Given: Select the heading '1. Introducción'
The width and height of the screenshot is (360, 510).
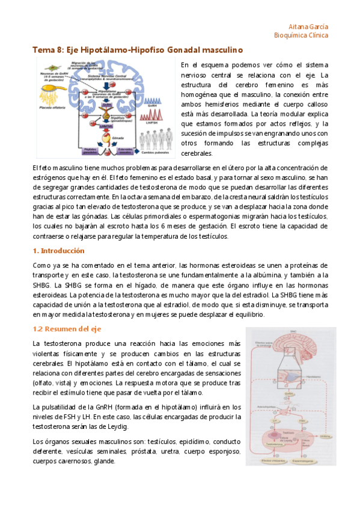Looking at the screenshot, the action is pyautogui.click(x=59, y=250).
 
